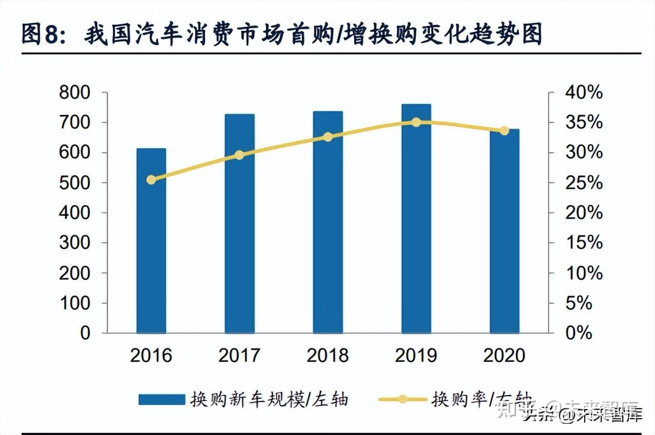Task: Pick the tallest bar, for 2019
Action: [x=416, y=219]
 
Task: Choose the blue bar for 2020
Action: [x=505, y=231]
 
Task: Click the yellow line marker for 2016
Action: [x=151, y=179]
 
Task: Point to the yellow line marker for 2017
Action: [x=239, y=155]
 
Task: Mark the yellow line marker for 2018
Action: [x=328, y=137]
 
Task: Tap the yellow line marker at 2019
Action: [x=416, y=122]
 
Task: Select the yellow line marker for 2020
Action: [x=505, y=131]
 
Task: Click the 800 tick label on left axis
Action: [x=74, y=93]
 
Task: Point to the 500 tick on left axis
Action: [x=74, y=183]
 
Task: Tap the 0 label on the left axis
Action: [x=85, y=333]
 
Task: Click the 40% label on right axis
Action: [x=584, y=93]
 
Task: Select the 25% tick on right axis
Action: [x=584, y=183]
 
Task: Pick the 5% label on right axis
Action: [x=579, y=303]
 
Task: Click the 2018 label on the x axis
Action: [x=327, y=355]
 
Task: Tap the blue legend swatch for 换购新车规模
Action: [x=161, y=400]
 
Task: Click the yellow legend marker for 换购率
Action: [x=402, y=399]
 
